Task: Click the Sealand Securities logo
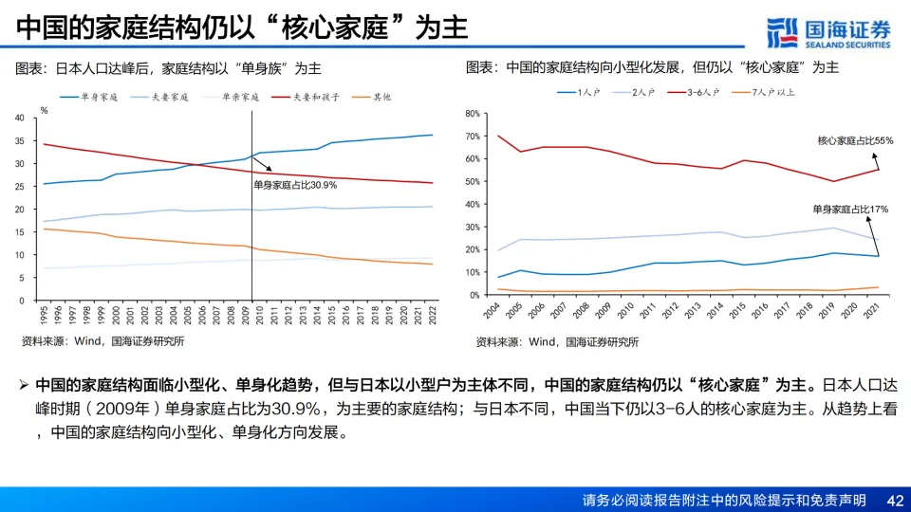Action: point(828,30)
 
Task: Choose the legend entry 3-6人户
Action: point(702,93)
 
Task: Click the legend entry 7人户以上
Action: point(772,93)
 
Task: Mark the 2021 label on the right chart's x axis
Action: point(878,313)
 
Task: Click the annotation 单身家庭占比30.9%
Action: point(295,185)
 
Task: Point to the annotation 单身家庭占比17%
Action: point(850,208)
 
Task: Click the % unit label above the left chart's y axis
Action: point(44,109)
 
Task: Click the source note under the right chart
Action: point(557,341)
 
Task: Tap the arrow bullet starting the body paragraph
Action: point(25,386)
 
